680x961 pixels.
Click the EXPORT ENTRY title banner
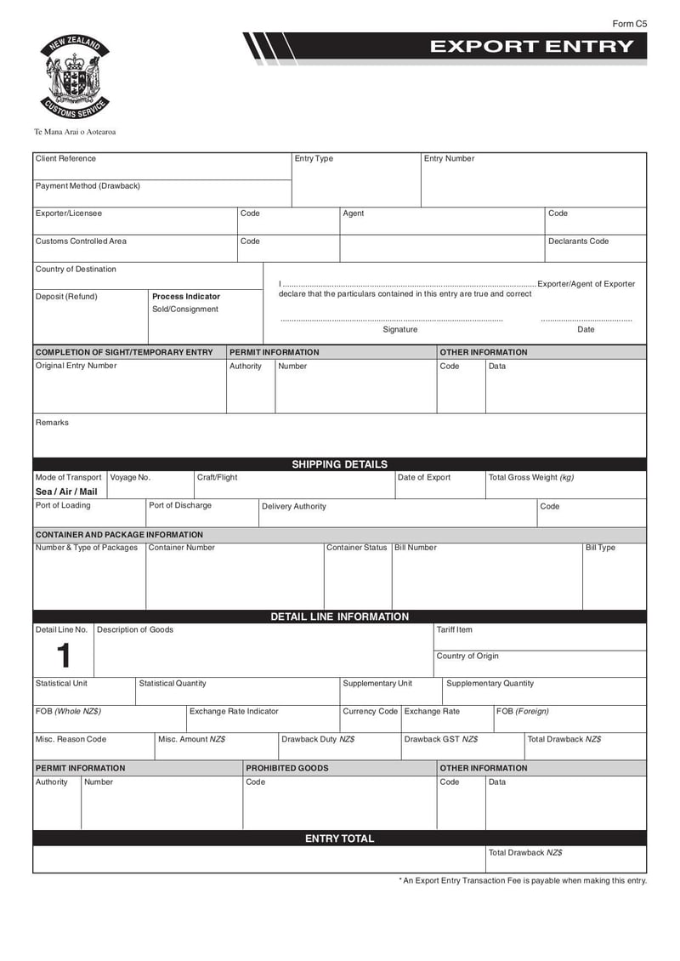(531, 47)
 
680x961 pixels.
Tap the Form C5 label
(629, 24)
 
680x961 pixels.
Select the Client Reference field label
(65, 159)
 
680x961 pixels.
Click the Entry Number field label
(449, 159)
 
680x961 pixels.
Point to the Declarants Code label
(578, 242)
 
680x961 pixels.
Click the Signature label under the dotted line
(399, 330)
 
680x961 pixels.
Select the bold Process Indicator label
(185, 297)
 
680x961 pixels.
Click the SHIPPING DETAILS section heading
(339, 464)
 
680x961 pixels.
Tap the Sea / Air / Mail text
(66, 492)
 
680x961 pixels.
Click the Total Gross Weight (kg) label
(531, 478)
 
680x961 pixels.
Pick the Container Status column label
(357, 548)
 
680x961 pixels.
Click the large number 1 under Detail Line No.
(62, 656)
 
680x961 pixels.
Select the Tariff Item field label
(454, 630)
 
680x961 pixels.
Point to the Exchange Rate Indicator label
(234, 712)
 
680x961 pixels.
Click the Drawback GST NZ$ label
(440, 740)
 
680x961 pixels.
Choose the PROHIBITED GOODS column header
(286, 768)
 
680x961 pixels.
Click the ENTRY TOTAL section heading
(339, 839)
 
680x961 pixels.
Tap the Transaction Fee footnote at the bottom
(523, 881)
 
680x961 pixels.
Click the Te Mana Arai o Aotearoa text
(75, 133)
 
